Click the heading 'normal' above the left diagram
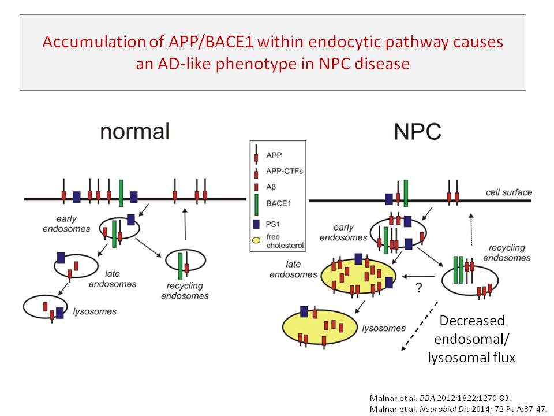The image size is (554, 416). click(x=134, y=131)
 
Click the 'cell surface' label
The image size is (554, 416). click(x=508, y=192)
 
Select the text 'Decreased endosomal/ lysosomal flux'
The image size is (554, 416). click(x=471, y=339)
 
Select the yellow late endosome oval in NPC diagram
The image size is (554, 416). click(x=358, y=276)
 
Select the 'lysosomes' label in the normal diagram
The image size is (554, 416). click(x=95, y=312)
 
